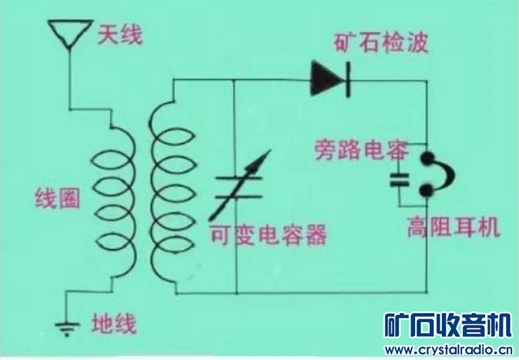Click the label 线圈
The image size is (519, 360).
(58, 197)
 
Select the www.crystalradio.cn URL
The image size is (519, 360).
(448, 350)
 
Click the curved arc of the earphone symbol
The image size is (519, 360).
(442, 174)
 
